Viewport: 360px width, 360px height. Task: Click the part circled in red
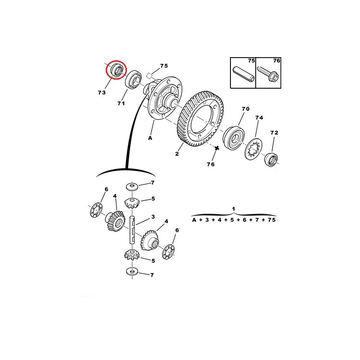tap(117, 70)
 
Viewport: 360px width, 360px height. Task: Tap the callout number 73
tap(102, 93)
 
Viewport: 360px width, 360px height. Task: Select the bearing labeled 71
tap(133, 80)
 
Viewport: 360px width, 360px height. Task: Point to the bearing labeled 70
tap(234, 138)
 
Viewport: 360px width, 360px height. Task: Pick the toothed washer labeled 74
tap(253, 149)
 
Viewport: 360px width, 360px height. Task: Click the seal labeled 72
tap(271, 159)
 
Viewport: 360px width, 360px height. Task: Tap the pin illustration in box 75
tap(243, 73)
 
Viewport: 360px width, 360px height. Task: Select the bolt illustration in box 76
tap(268, 74)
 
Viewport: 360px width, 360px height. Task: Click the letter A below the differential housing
tap(150, 138)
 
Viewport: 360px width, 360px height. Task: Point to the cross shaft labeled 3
tap(132, 229)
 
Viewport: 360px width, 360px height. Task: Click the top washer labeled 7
tap(132, 186)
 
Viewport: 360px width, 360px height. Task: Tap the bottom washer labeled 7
tap(132, 271)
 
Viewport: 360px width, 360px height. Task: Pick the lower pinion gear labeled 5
tap(132, 255)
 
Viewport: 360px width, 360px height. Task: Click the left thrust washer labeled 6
tap(96, 210)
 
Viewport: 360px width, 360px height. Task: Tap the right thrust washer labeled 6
tap(168, 252)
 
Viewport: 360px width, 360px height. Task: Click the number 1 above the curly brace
tap(234, 209)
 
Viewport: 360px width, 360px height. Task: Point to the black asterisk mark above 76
tap(217, 148)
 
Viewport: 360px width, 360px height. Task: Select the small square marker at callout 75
tap(150, 76)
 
